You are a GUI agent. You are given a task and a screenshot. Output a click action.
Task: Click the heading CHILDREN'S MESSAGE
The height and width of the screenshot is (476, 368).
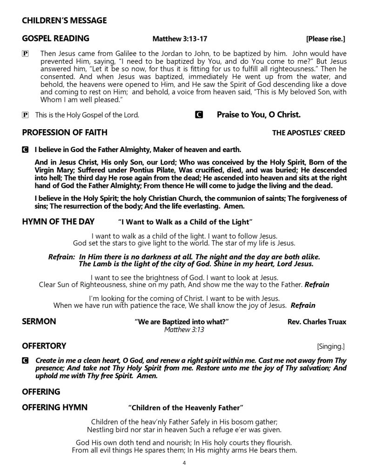click(64, 20)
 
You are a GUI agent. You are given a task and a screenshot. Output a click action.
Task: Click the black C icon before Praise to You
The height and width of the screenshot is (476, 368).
click(199, 114)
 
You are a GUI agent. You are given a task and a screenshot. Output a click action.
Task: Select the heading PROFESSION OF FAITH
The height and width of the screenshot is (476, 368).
click(65, 132)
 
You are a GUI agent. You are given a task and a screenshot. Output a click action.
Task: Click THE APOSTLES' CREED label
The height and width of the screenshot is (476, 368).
click(308, 133)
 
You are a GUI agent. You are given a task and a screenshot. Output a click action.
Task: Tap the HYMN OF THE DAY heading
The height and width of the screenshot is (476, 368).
click(58, 221)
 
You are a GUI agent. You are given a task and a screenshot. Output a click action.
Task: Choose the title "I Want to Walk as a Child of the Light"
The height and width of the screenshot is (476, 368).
click(185, 222)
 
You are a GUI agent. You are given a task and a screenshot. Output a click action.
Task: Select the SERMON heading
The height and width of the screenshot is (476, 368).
click(39, 321)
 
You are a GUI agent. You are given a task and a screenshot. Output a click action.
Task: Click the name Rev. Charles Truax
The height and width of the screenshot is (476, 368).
click(317, 322)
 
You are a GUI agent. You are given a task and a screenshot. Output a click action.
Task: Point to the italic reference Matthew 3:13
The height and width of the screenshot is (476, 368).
click(184, 330)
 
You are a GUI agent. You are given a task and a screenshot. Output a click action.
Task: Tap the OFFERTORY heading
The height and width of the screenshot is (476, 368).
click(44, 346)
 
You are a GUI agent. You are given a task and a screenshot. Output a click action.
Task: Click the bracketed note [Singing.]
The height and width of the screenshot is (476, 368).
click(331, 346)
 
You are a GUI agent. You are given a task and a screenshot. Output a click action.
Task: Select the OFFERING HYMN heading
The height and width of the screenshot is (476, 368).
click(55, 408)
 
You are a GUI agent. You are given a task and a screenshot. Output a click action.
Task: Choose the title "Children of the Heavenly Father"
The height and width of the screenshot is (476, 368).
click(186, 408)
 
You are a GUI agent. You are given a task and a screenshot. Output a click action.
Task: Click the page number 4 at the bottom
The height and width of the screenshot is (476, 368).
click(184, 463)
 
